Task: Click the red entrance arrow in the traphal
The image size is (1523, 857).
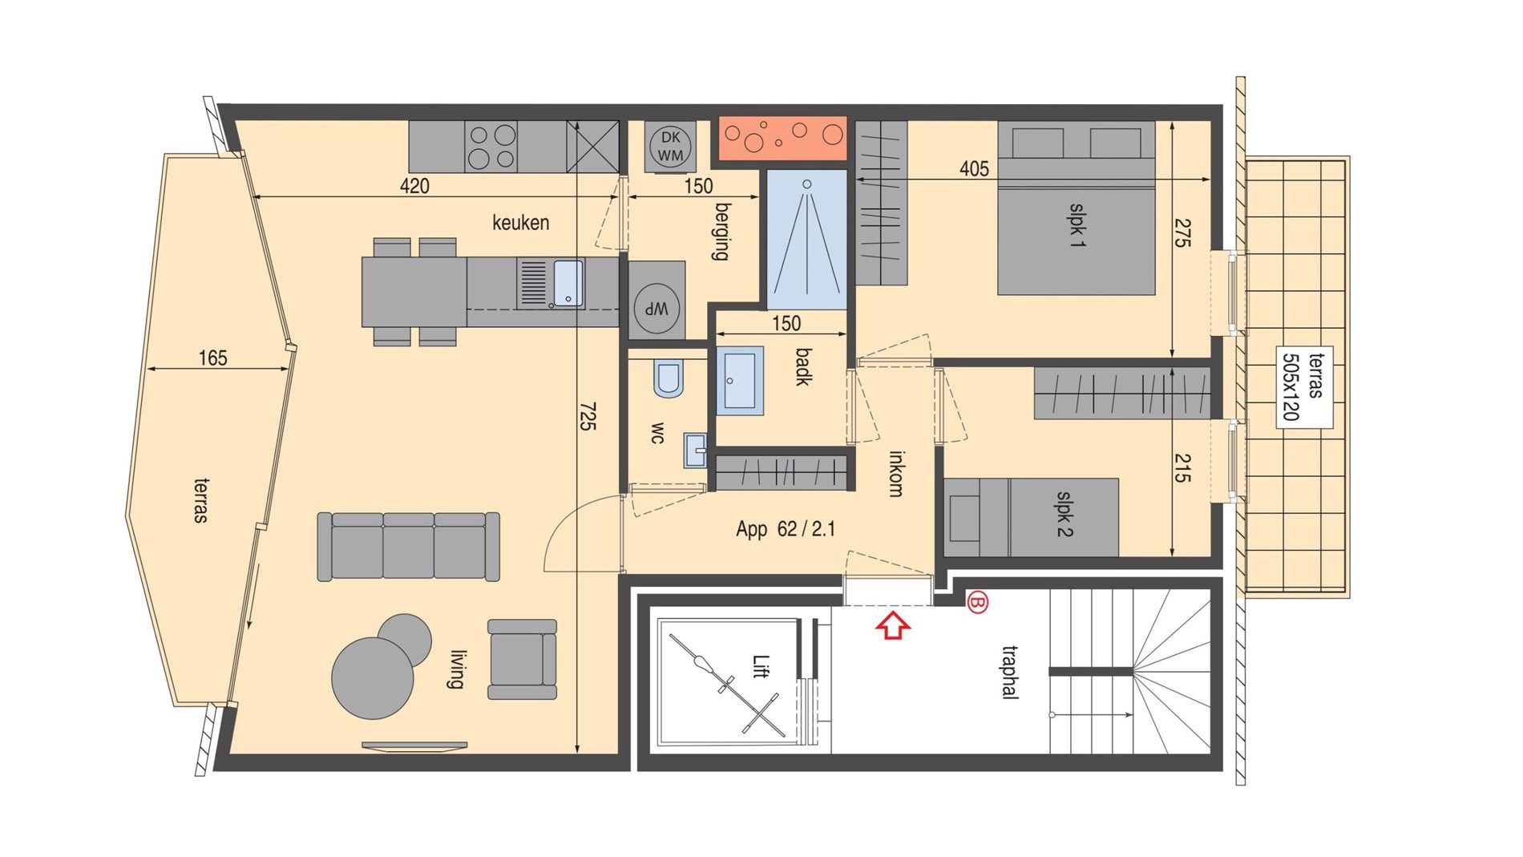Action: (x=893, y=625)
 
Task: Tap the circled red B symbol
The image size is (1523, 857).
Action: (x=977, y=601)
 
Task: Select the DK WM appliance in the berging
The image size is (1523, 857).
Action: (x=670, y=147)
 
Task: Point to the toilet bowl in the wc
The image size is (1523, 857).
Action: (x=668, y=378)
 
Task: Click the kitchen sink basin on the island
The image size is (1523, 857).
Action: (x=568, y=282)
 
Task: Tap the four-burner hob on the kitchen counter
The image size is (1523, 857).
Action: (x=491, y=146)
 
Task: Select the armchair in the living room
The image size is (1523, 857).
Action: (x=522, y=659)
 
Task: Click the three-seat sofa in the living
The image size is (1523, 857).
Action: (x=408, y=546)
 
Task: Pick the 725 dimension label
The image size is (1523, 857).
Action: (x=588, y=417)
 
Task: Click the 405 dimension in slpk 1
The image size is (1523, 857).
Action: (x=974, y=169)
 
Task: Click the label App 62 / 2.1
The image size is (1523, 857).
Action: (x=786, y=529)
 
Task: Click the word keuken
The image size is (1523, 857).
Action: (x=521, y=222)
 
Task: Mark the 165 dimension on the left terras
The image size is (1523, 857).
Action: (x=213, y=358)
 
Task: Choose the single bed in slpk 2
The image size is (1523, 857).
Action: (x=1032, y=517)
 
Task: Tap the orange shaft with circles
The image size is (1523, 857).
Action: (x=782, y=138)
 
